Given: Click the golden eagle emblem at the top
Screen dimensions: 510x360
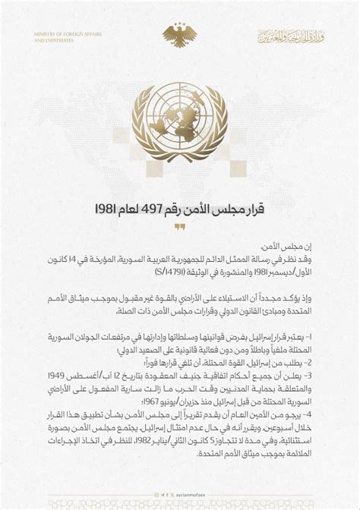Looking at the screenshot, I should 180,34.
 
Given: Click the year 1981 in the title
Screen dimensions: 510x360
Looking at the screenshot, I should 106,208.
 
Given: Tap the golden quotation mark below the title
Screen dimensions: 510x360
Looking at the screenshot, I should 180,225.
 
